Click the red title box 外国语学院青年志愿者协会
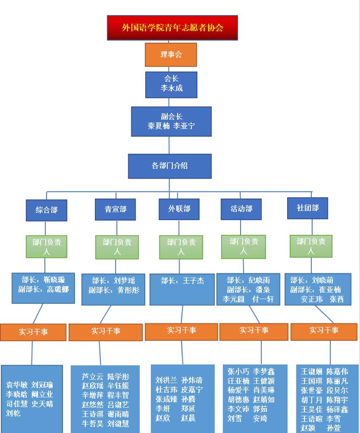pos(172,28)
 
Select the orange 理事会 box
pos(171,55)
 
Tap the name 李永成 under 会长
pos(171,88)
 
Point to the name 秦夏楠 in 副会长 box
pos(158,126)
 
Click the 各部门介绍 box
pos(169,166)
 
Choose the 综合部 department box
pos(47,210)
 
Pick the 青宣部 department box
pos(115,209)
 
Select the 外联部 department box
pos(179,209)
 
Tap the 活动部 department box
pos(241,209)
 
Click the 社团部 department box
pos(307,208)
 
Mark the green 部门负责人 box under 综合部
pos(47,246)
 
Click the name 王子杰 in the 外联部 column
pos(193,281)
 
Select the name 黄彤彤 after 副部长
pos(128,290)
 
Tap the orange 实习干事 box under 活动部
pos(254,331)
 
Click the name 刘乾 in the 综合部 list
pos(13,413)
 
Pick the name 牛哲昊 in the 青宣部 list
pos(92,424)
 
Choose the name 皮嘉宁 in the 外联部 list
pos(191,389)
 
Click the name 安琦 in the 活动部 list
pos(260,419)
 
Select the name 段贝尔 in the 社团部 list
pos(337,390)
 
